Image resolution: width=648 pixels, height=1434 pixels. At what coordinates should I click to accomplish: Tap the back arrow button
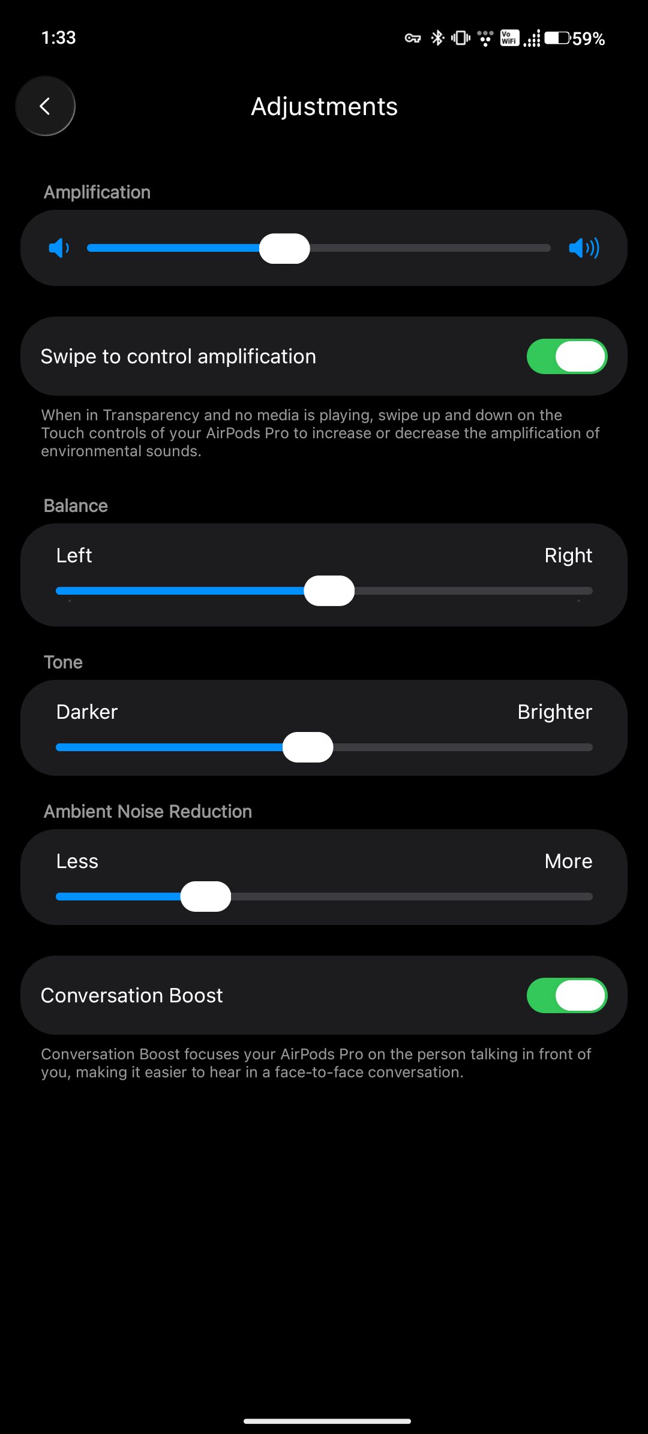click(x=45, y=106)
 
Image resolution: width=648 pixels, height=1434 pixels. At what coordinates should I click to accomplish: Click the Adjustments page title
click(x=324, y=107)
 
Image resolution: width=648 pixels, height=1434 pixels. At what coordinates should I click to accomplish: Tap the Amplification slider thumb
click(x=284, y=248)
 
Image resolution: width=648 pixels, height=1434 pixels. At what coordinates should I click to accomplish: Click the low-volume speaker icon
click(x=59, y=248)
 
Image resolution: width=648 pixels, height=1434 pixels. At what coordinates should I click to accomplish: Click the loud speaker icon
click(x=584, y=248)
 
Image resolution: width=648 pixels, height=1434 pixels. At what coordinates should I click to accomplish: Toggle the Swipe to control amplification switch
click(x=567, y=357)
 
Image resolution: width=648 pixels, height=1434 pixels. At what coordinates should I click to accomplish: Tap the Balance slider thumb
click(x=329, y=591)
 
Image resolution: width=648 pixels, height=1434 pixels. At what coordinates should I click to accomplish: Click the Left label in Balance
click(x=74, y=556)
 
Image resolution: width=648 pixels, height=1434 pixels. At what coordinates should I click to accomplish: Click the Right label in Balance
click(x=568, y=556)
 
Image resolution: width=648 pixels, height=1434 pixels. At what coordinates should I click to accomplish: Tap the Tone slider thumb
click(x=308, y=747)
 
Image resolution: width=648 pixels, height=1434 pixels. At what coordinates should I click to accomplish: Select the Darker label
click(x=87, y=712)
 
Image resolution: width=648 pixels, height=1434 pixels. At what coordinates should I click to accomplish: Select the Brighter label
click(x=555, y=712)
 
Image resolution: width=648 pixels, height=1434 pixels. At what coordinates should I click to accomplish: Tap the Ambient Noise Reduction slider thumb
click(x=206, y=896)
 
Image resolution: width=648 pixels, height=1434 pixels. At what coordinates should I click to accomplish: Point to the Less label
click(x=77, y=861)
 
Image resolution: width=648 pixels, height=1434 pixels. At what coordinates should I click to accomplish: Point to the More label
click(x=568, y=861)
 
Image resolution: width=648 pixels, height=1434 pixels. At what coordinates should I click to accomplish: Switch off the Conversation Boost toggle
click(x=567, y=996)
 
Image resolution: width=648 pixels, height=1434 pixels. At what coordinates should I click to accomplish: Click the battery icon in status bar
click(x=557, y=38)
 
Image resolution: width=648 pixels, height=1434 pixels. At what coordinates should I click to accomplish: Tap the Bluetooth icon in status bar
click(x=437, y=38)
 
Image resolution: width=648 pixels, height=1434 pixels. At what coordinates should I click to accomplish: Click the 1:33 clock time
click(x=59, y=38)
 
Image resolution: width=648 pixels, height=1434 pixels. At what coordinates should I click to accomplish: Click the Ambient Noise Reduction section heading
click(x=148, y=812)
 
